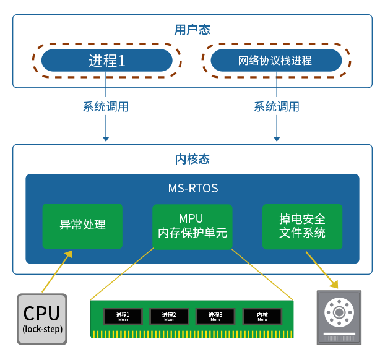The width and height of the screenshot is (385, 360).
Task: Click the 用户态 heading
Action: pos(192,30)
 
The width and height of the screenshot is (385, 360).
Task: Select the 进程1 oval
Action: pos(106,61)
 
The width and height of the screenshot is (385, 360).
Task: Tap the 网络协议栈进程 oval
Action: pos(275,61)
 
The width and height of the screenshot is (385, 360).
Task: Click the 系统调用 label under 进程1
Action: pos(106,106)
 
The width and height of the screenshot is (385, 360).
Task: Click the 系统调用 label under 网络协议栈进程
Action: pos(276,106)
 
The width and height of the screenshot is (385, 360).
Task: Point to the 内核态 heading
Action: pos(192,159)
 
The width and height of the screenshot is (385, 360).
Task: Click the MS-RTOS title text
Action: pos(192,188)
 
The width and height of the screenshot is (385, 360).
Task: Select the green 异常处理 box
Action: pos(82,225)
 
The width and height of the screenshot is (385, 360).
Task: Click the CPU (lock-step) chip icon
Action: pos(42,318)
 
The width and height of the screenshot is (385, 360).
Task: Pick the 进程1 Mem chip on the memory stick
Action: pos(123,317)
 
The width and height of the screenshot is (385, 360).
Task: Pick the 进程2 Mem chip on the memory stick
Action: pos(169,317)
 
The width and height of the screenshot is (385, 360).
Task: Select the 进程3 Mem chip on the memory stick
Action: pos(215,317)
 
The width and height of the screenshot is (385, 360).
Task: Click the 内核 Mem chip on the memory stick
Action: pos(262,317)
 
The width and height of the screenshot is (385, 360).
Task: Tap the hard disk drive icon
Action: pos(339,317)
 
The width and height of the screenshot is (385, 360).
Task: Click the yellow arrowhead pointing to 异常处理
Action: pos(69,254)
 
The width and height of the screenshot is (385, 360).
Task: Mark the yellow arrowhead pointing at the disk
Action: pos(334,284)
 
